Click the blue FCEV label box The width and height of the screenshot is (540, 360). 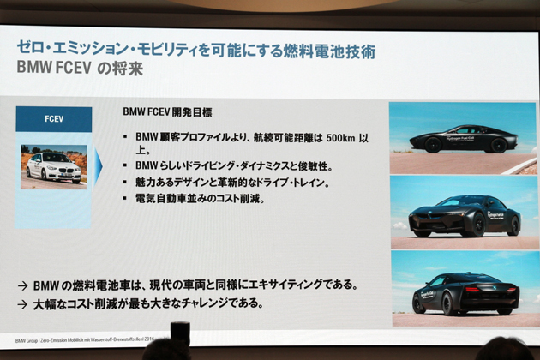coord(53,118)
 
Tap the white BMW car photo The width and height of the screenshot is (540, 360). coord(53,165)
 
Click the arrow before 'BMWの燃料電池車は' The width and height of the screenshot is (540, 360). coord(23,285)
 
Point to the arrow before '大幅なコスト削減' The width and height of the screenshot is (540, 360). coord(23,303)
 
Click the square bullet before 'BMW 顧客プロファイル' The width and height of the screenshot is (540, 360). coord(125,136)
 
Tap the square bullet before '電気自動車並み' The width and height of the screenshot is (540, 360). coord(125,199)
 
